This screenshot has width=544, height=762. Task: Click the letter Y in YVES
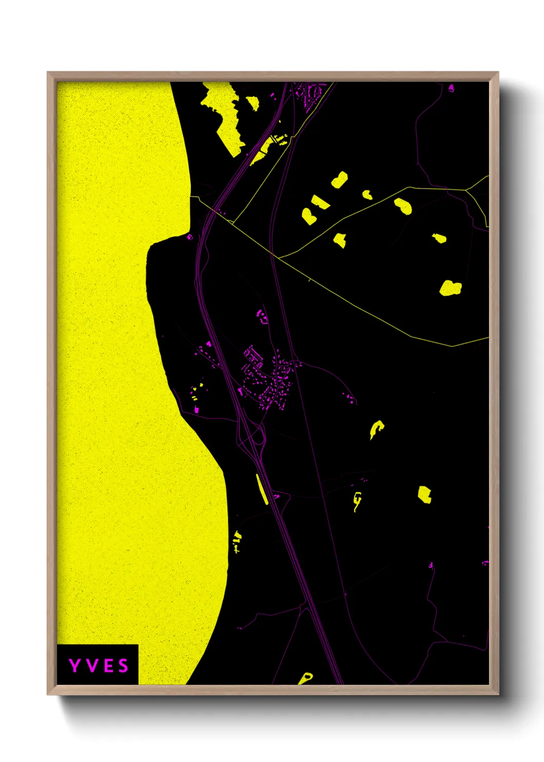point(75,666)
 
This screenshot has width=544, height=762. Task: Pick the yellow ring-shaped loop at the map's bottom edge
point(305,678)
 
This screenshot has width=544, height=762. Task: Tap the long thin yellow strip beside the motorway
point(262,489)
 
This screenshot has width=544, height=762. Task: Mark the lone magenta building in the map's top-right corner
point(451,88)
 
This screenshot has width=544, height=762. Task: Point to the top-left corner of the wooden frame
point(48,73)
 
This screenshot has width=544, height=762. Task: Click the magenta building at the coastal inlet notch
point(189,237)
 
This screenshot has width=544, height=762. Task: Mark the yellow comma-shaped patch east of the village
point(376,428)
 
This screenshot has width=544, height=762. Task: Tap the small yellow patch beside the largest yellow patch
point(252,103)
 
